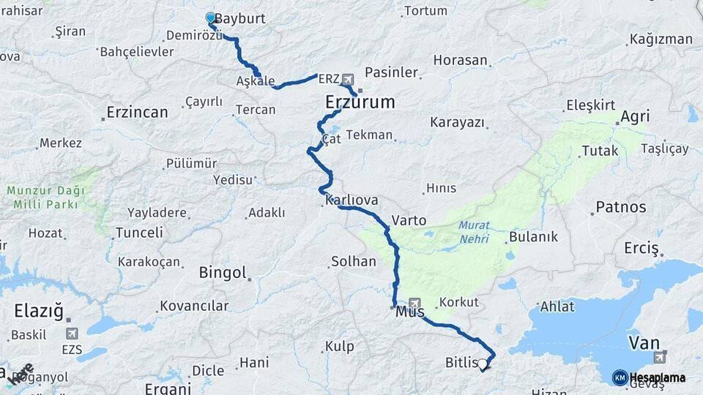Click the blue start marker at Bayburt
pyautogui.click(x=210, y=18)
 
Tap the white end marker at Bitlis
pyautogui.click(x=482, y=363)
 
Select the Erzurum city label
pyautogui.click(x=360, y=102)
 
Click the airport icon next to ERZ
pyautogui.click(x=346, y=78)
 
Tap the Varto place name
pyautogui.click(x=409, y=219)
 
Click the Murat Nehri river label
pyautogui.click(x=474, y=231)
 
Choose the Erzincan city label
pyautogui.click(x=137, y=112)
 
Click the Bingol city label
pyautogui.click(x=223, y=273)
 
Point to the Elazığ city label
pyautogui.click(x=39, y=312)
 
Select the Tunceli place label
pyautogui.click(x=139, y=233)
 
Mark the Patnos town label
pyautogui.click(x=621, y=207)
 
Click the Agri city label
pyautogui.click(x=635, y=117)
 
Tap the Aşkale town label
pyautogui.click(x=256, y=81)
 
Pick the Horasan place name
pyautogui.click(x=460, y=61)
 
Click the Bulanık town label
pyautogui.click(x=533, y=237)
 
